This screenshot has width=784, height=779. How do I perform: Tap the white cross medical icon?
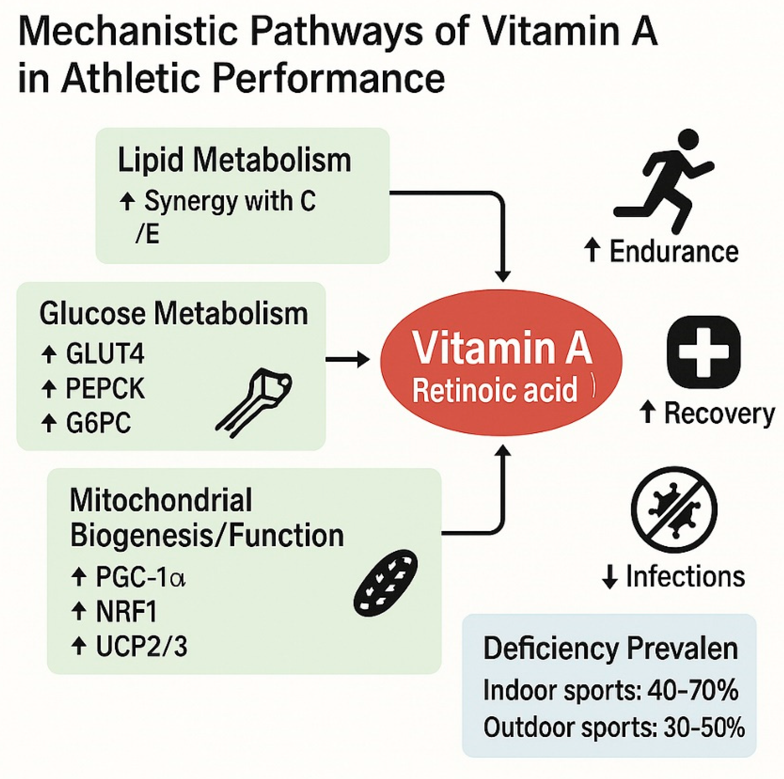coord(703,352)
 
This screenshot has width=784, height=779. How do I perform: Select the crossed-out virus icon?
coord(674,509)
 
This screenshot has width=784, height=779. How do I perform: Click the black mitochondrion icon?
coord(386,583)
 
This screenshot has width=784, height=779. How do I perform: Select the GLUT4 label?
coord(105,354)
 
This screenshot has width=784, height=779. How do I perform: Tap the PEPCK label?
coord(105,389)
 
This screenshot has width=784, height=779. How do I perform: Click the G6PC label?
coord(98,423)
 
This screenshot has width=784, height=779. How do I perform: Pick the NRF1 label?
coord(126,612)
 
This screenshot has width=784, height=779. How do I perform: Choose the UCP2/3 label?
coord(141,646)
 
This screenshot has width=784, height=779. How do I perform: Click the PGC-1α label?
coord(140,577)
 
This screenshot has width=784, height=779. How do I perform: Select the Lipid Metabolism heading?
coord(234,160)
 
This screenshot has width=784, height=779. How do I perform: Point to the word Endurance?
coord(674,252)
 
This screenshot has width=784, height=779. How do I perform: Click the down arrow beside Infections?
coord(610,576)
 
